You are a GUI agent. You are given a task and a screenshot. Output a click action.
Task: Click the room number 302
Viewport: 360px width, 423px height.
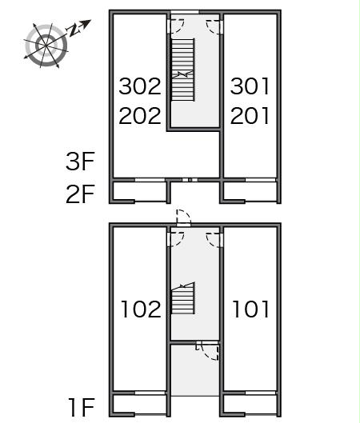point(140,86)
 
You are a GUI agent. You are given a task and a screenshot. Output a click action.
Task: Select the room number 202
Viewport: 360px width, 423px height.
point(140,116)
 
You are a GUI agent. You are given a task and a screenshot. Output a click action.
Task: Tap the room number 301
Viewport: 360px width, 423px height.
point(250,86)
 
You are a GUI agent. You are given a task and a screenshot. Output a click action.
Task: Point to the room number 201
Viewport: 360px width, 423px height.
point(250,116)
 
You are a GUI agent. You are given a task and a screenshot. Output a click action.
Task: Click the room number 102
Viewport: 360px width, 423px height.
point(141,309)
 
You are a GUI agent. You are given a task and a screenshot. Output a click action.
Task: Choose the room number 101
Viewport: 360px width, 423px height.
point(250,309)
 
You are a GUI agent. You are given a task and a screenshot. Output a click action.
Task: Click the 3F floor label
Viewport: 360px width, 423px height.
point(80,162)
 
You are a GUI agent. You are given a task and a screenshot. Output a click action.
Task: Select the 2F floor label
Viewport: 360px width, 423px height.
point(80,194)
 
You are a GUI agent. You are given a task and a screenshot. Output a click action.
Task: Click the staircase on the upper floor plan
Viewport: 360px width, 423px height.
point(183,70)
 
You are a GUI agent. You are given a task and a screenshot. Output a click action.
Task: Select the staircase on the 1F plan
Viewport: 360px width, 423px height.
point(183,298)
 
